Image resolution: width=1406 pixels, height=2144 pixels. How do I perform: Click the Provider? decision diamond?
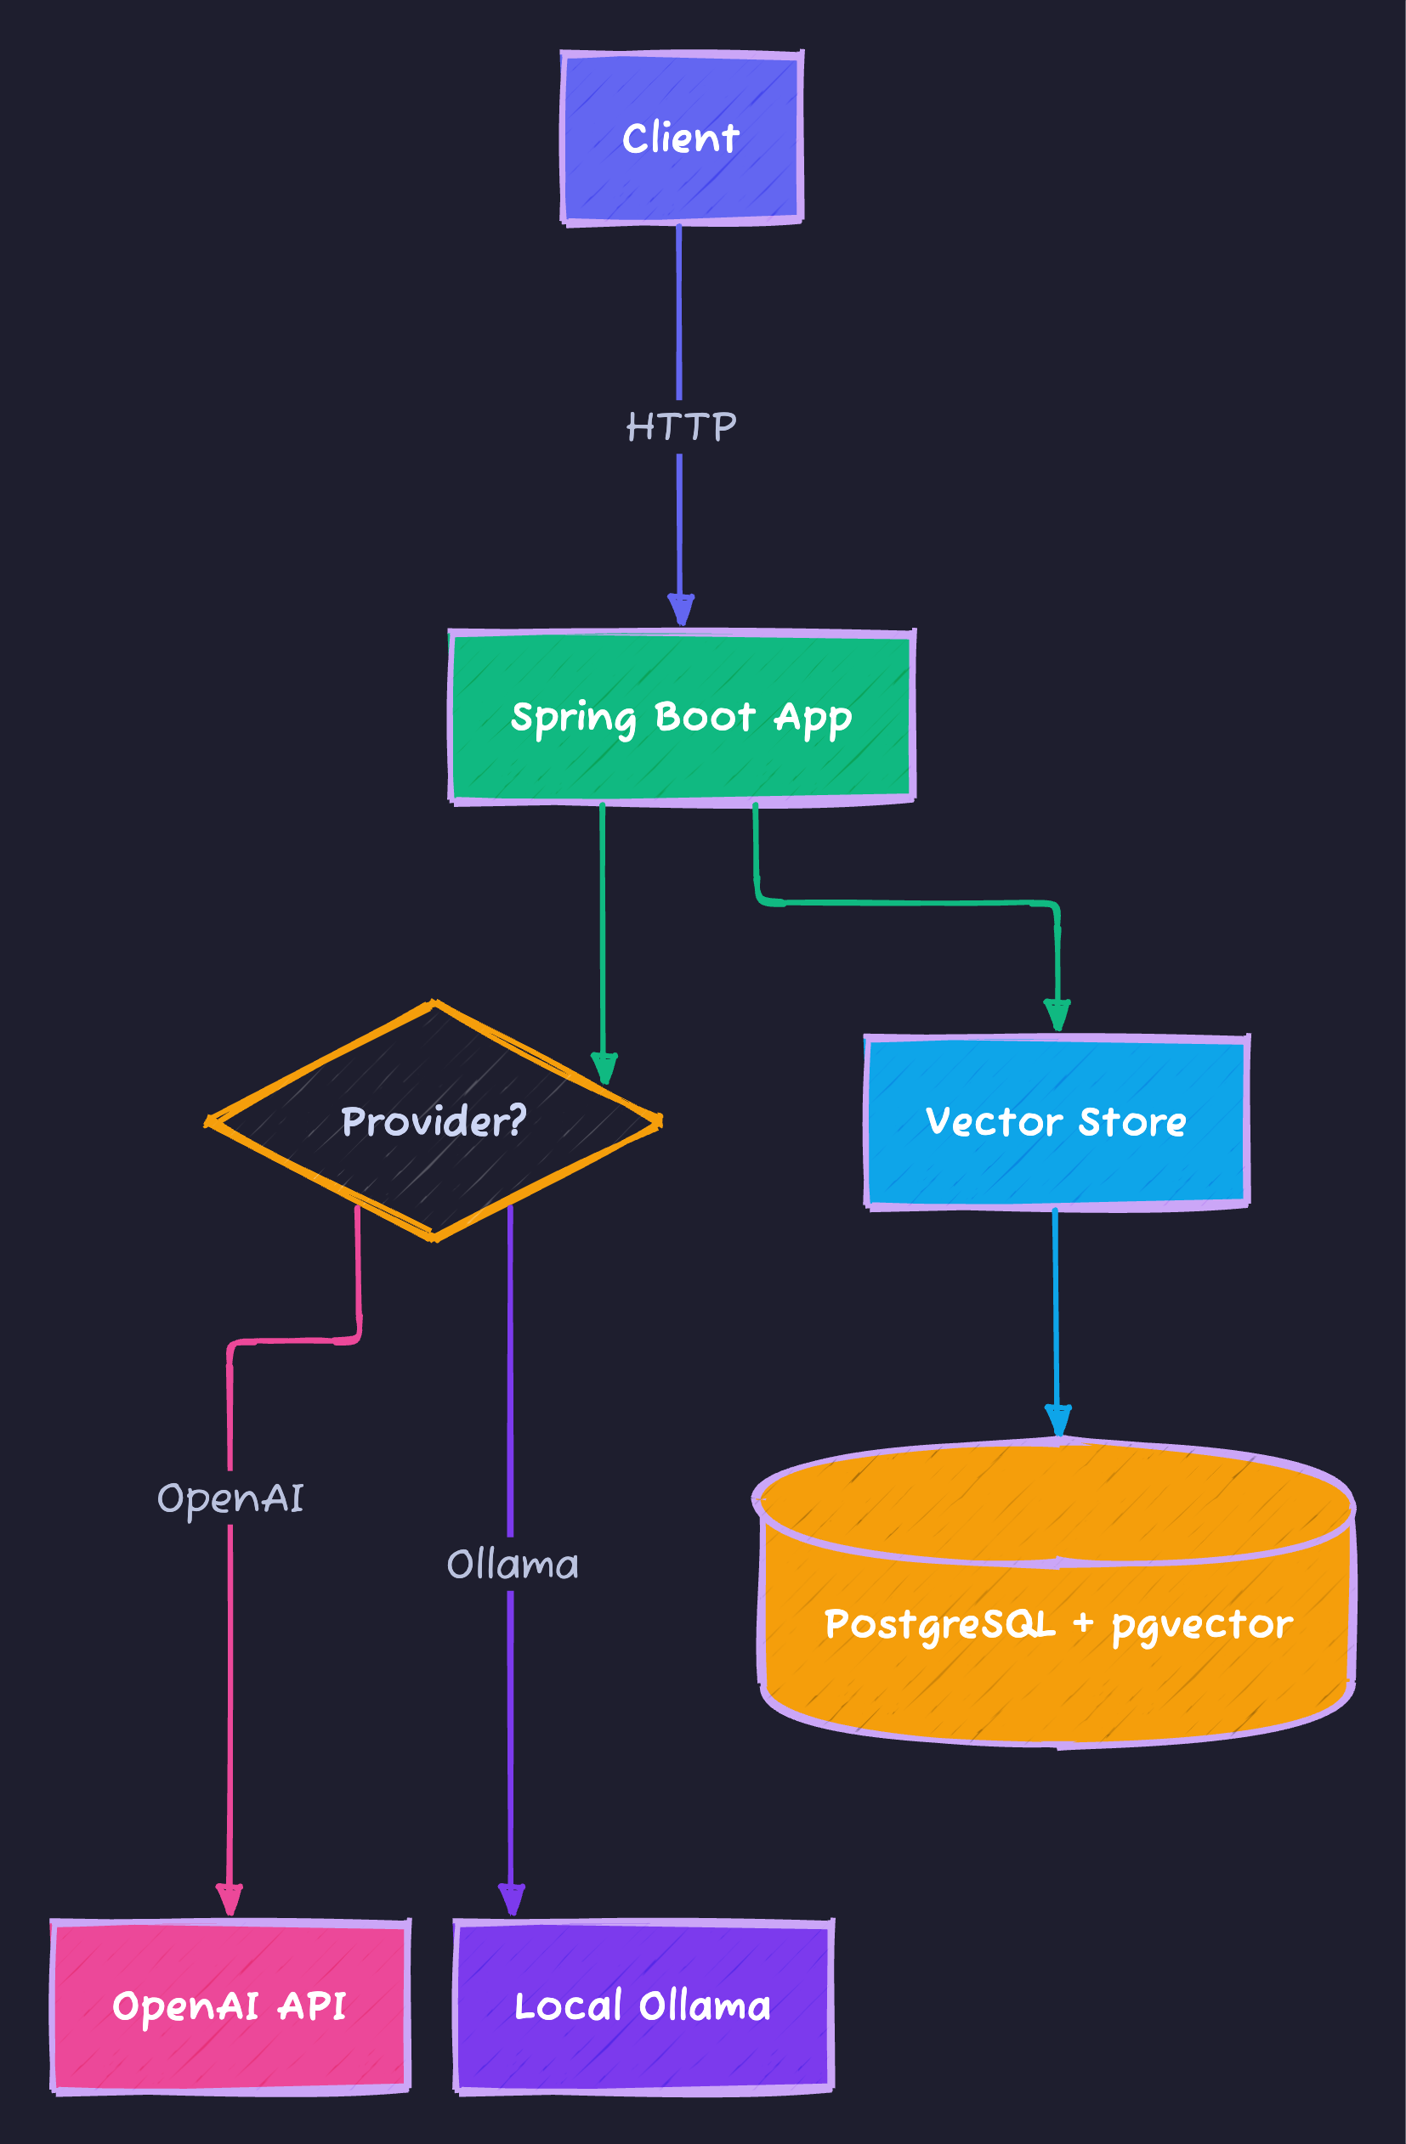pos(434,1120)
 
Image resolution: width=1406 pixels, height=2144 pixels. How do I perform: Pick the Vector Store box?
pos(1057,1121)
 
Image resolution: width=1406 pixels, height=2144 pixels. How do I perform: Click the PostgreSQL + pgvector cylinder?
pos(1057,1622)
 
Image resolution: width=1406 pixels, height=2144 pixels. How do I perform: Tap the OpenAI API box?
pos(230,2006)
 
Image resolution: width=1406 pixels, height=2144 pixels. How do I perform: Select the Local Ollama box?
pos(643,2006)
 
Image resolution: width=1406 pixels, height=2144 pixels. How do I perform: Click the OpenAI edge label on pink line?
pos(230,1498)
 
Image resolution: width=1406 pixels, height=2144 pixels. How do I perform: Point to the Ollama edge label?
pos(512,1565)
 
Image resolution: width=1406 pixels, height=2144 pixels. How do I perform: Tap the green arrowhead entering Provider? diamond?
pos(604,1068)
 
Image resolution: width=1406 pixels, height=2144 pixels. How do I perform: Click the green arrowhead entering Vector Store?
pos(1057,1015)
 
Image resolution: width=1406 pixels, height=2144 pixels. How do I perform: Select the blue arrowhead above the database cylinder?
pos(1057,1420)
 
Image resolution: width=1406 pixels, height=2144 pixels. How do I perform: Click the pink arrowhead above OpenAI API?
pos(230,1900)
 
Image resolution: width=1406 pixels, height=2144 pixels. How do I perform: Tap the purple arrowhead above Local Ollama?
pos(511,1900)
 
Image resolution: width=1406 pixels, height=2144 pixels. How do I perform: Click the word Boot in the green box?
pos(705,717)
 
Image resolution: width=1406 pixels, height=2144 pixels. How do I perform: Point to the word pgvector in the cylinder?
pos(1201,1624)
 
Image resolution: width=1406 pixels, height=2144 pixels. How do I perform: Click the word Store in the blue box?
pos(1132,1121)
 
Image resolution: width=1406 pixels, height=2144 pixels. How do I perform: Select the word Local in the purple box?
pos(568,2006)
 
